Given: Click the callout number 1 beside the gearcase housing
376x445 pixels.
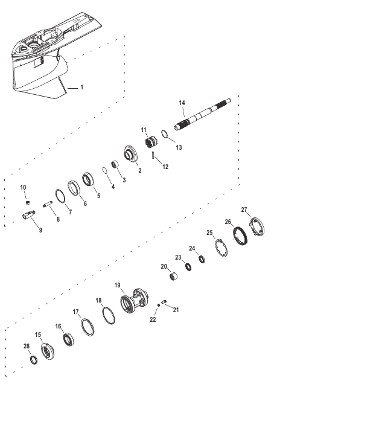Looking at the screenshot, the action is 81,87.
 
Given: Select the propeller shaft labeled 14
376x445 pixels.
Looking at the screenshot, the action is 202,115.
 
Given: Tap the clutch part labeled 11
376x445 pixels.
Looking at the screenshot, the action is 150,142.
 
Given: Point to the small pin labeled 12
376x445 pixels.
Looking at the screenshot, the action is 153,156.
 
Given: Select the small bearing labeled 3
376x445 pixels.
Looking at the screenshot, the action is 115,164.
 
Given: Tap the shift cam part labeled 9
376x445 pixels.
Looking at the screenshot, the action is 28,214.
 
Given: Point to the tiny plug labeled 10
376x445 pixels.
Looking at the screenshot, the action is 28,202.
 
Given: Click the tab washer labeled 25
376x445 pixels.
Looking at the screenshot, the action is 221,248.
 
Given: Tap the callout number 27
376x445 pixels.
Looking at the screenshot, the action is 244,210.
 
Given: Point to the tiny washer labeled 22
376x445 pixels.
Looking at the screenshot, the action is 158,305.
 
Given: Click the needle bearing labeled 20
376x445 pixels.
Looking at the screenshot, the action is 174,276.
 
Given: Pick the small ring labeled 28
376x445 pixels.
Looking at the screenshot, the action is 34,360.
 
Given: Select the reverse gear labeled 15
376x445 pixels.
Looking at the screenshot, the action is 47,351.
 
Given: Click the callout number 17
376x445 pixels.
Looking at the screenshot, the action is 76,312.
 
